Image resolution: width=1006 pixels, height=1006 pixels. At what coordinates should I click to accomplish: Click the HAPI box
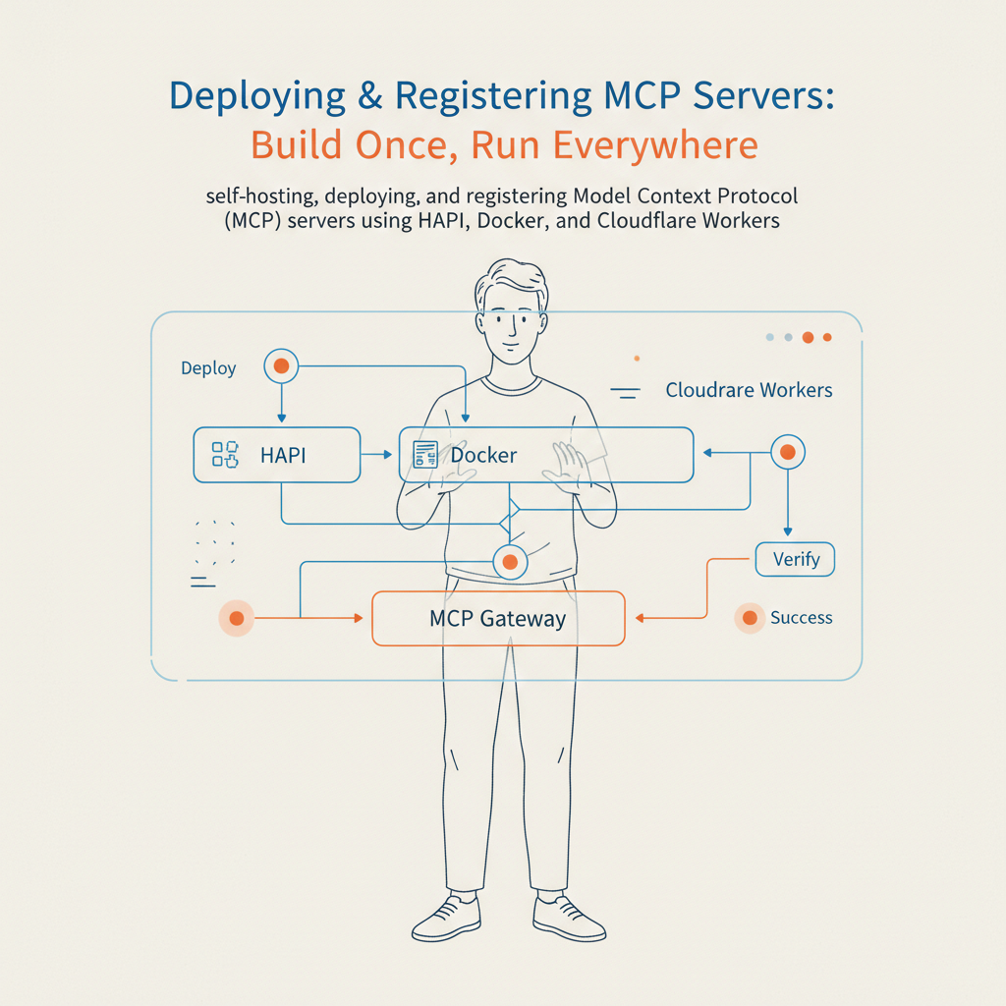point(277,455)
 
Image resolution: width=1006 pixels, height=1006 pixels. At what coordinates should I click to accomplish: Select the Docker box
point(546,455)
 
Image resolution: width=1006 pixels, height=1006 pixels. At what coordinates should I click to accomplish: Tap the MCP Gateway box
point(498,619)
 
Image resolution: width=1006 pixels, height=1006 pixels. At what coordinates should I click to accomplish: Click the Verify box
point(795,560)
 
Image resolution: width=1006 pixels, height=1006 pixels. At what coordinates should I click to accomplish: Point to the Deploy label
point(208,368)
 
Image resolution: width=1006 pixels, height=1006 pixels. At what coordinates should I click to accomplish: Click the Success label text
point(801,618)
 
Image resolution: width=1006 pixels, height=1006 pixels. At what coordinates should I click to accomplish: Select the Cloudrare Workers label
point(749,390)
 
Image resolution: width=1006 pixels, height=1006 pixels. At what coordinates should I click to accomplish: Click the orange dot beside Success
point(750,618)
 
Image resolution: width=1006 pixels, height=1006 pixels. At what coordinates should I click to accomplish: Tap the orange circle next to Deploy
point(281,366)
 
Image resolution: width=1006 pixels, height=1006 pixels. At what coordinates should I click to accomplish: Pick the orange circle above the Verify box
point(786,453)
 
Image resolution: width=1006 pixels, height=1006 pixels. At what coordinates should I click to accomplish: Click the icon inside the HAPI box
point(225,455)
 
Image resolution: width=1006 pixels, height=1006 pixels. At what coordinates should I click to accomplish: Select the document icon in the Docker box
point(425,455)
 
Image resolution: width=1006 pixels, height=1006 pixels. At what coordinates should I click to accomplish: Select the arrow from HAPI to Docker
point(376,455)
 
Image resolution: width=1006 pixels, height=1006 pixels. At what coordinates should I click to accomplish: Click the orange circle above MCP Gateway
point(509,562)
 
